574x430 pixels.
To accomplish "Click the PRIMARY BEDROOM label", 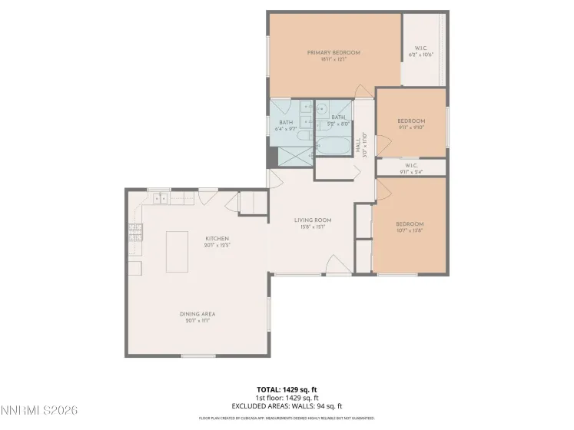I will click(x=333, y=53).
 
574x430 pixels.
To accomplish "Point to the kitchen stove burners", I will click(x=136, y=232).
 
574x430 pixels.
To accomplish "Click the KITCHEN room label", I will click(x=216, y=239).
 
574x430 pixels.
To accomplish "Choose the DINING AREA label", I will click(x=197, y=314).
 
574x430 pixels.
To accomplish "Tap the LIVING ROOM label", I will click(x=313, y=220).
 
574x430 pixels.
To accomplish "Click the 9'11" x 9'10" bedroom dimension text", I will click(x=411, y=127).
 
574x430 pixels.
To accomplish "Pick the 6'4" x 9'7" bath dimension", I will click(x=286, y=128).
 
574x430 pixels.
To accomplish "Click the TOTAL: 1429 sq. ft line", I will click(x=286, y=389).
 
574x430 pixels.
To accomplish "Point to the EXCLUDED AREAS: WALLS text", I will click(x=286, y=405).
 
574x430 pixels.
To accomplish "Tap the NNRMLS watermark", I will click(x=38, y=410).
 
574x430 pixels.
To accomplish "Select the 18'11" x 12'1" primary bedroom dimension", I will click(x=333, y=59).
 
